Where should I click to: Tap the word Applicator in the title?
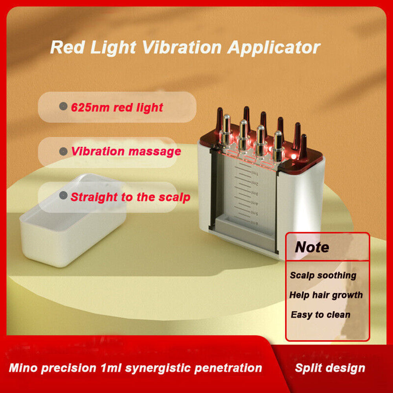pos(274,48)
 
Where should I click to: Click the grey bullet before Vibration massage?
pos(62,151)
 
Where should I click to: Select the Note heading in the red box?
pos(312,247)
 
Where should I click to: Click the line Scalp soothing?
pos(323,275)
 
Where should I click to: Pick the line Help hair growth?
pos(326,295)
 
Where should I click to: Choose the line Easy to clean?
pos(320,314)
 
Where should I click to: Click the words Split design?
pos(330,368)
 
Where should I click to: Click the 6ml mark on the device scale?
pos(254,224)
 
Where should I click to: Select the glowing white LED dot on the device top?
pos(294,157)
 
